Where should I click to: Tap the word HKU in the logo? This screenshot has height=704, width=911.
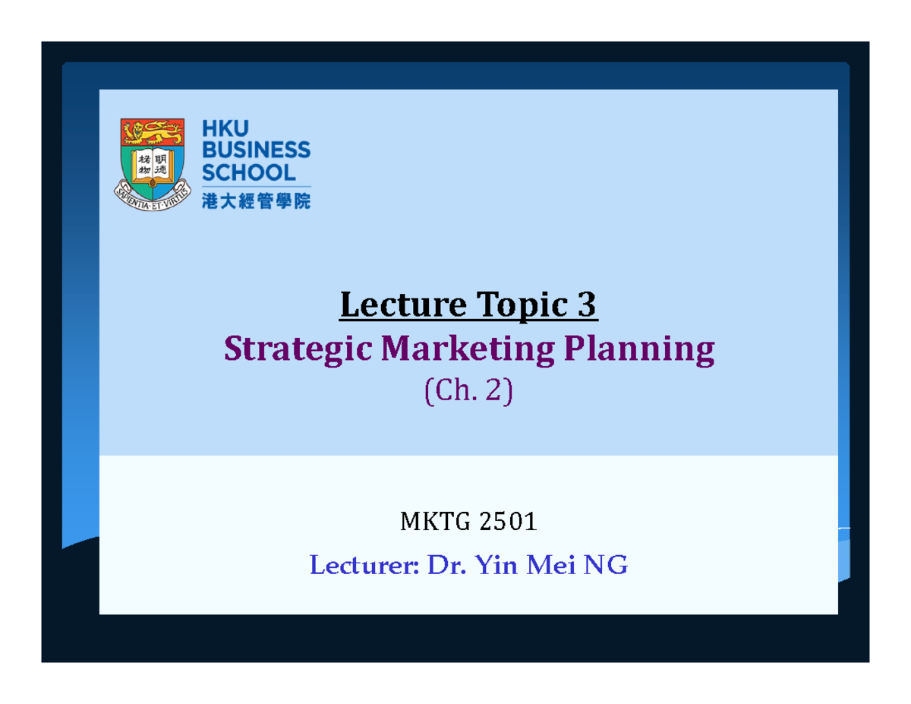pos(225,128)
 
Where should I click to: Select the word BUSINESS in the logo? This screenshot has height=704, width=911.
pos(255,150)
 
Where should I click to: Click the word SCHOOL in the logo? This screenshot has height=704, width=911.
pos(247,172)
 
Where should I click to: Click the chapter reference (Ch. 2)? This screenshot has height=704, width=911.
pos(468,392)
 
